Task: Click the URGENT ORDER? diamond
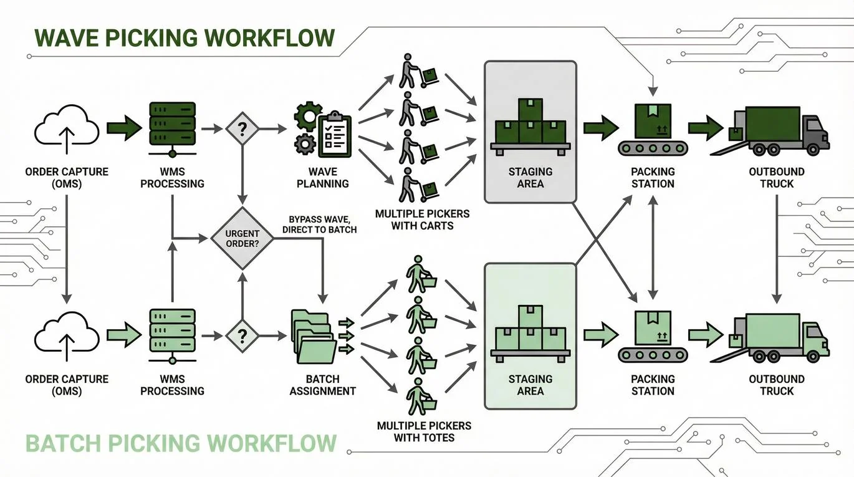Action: [242, 238]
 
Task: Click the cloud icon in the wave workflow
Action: [67, 129]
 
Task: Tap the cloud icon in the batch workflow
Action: [67, 337]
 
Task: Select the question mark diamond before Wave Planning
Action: [242, 129]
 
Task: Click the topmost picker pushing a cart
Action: [415, 71]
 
